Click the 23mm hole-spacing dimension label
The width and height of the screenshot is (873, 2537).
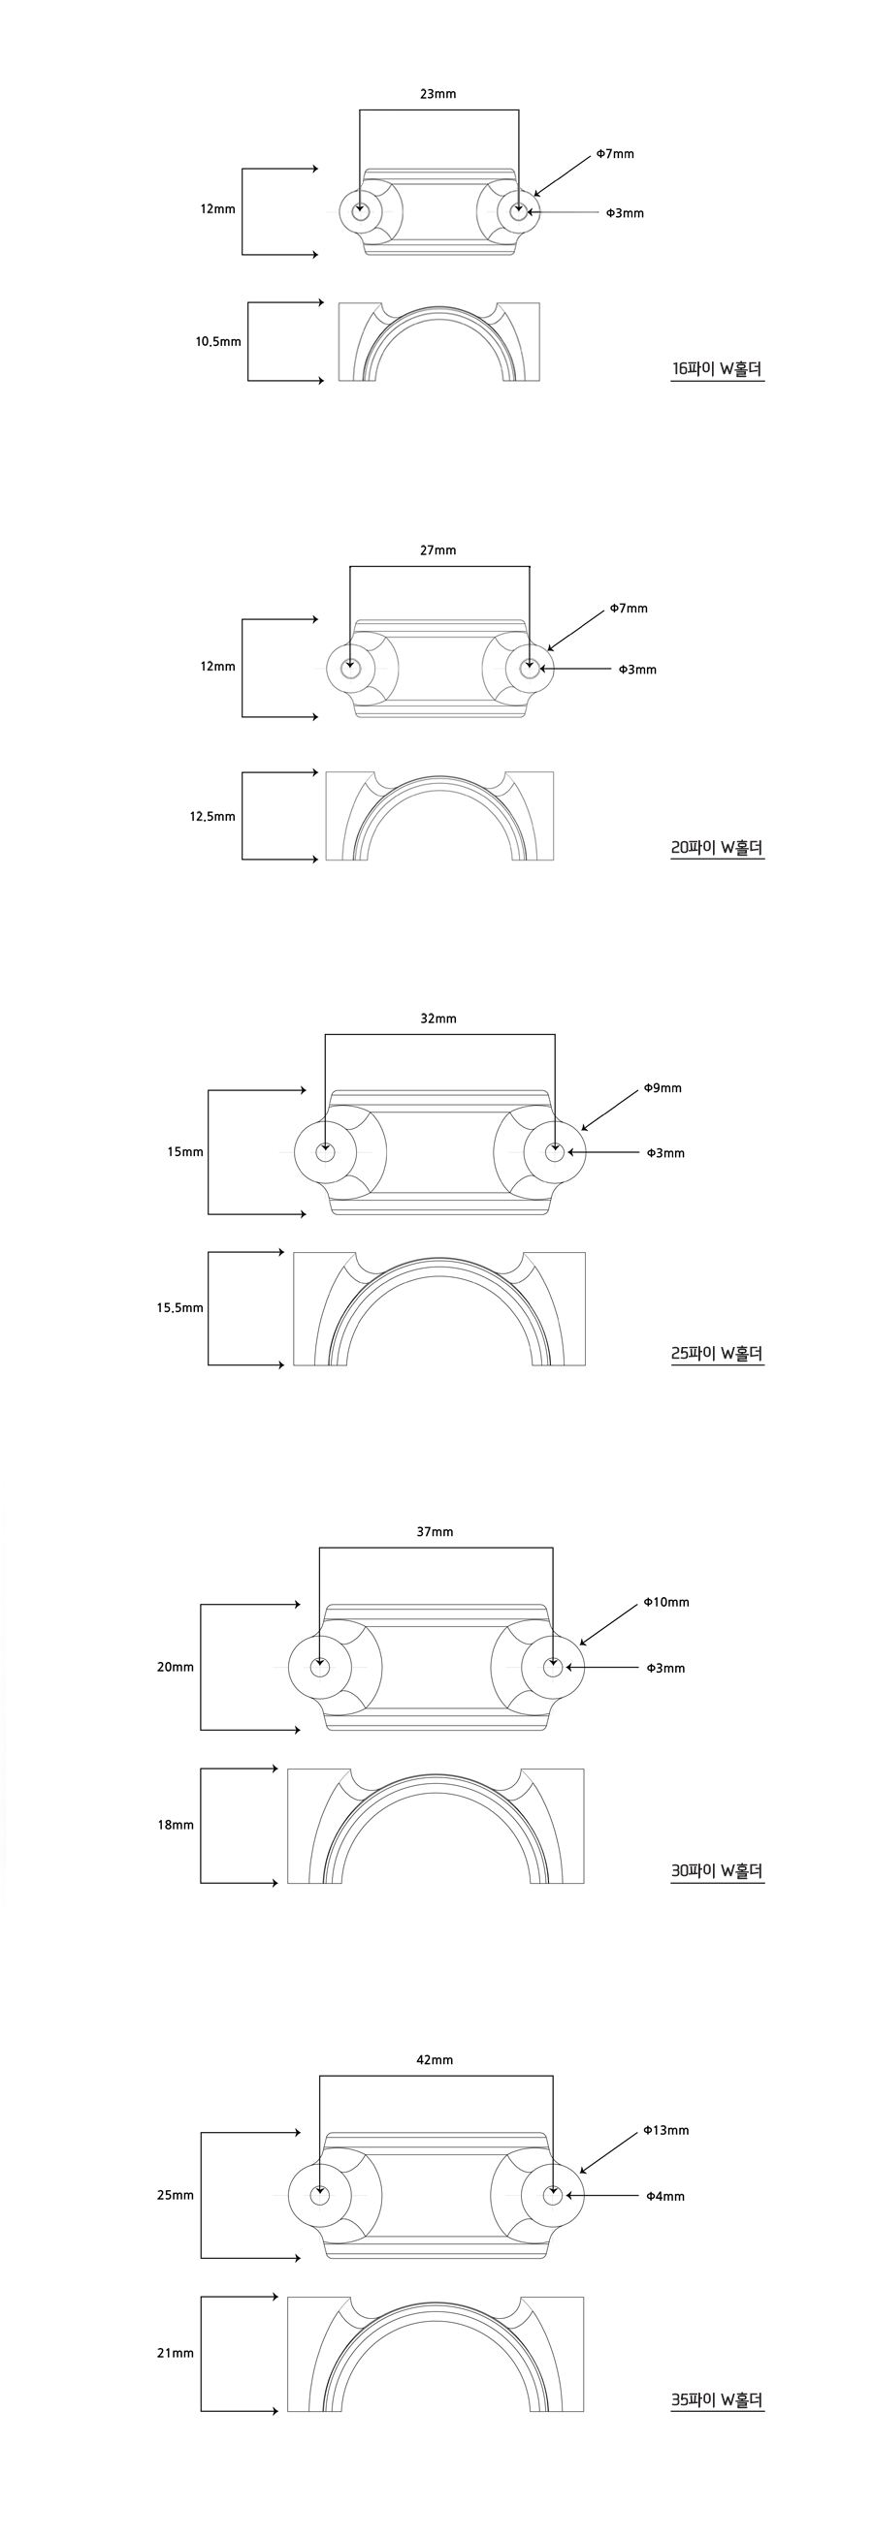[x=437, y=95]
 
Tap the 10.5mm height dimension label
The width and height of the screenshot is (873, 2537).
[x=217, y=342]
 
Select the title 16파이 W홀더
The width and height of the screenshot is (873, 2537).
[x=718, y=369]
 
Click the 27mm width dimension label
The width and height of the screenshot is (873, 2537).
[x=437, y=550]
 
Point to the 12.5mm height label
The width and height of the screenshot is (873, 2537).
[x=212, y=817]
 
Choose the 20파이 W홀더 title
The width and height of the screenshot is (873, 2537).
[x=718, y=847]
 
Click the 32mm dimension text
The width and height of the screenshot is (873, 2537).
[x=437, y=1018]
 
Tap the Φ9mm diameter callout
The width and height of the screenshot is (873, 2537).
[x=663, y=1088]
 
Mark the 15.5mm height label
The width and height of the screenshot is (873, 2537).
[x=179, y=1308]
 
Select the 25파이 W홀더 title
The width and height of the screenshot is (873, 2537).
[x=718, y=1353]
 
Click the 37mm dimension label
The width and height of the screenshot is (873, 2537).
[x=435, y=1531]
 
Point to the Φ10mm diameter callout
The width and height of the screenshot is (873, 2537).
[x=666, y=1603]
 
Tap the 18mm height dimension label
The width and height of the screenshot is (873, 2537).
[x=176, y=1825]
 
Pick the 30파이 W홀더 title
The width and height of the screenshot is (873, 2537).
[x=718, y=1870]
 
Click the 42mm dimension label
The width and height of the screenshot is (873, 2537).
[x=435, y=2059]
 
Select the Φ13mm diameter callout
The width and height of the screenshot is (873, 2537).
[x=666, y=2130]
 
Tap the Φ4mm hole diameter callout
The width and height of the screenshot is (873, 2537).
[x=665, y=2196]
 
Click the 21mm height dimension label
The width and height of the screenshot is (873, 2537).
[x=176, y=2353]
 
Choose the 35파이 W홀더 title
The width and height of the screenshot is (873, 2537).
[x=718, y=2400]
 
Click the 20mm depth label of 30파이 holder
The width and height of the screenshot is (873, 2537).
[x=176, y=1668]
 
